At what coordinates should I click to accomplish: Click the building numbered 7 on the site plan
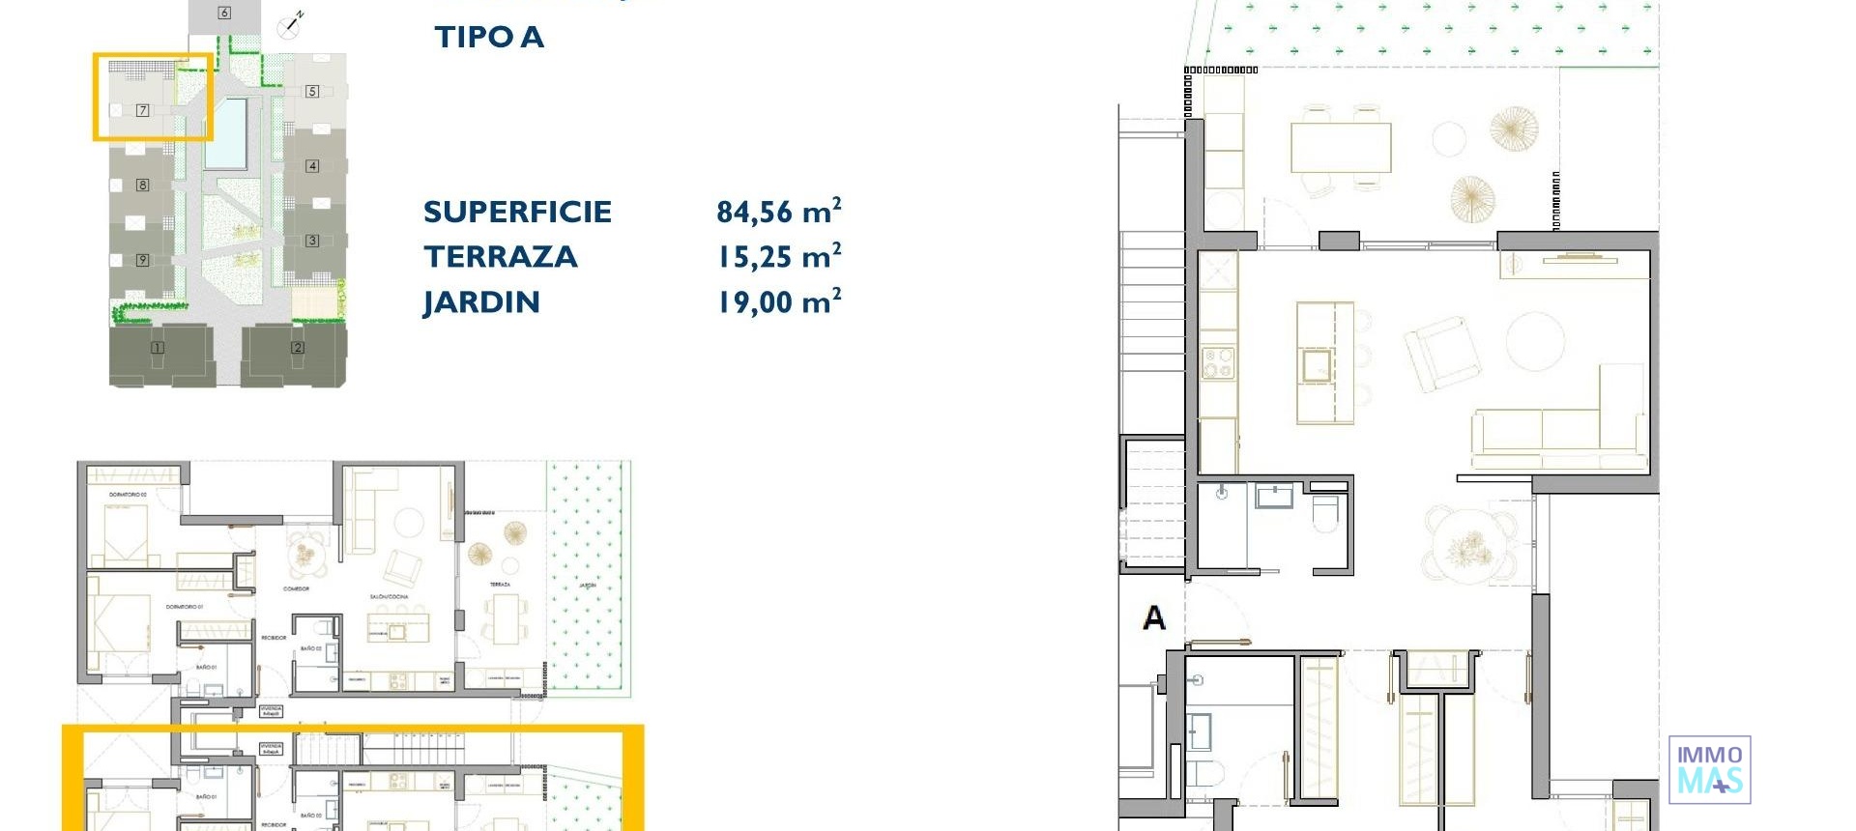(x=142, y=110)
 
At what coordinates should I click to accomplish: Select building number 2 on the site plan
(x=297, y=348)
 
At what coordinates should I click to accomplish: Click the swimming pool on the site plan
(x=227, y=133)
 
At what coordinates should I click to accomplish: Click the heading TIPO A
(x=489, y=38)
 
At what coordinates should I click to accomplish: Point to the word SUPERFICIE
(x=517, y=213)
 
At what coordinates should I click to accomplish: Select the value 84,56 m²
(x=778, y=212)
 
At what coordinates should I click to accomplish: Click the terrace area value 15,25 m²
(x=778, y=257)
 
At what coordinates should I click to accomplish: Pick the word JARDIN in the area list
(x=481, y=302)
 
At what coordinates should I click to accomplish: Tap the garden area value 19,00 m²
(x=778, y=302)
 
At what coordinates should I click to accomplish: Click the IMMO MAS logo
(x=1709, y=770)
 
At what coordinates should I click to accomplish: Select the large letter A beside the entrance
(x=1154, y=617)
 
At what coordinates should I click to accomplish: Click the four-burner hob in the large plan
(x=1218, y=363)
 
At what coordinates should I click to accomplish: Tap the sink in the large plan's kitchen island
(x=1317, y=365)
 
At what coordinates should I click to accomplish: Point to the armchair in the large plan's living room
(x=1442, y=354)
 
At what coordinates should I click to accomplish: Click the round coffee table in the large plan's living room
(x=1535, y=341)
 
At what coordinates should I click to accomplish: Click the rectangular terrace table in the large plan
(x=1341, y=148)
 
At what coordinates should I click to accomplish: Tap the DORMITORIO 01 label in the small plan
(x=183, y=607)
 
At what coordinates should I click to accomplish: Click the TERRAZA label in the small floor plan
(x=500, y=585)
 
